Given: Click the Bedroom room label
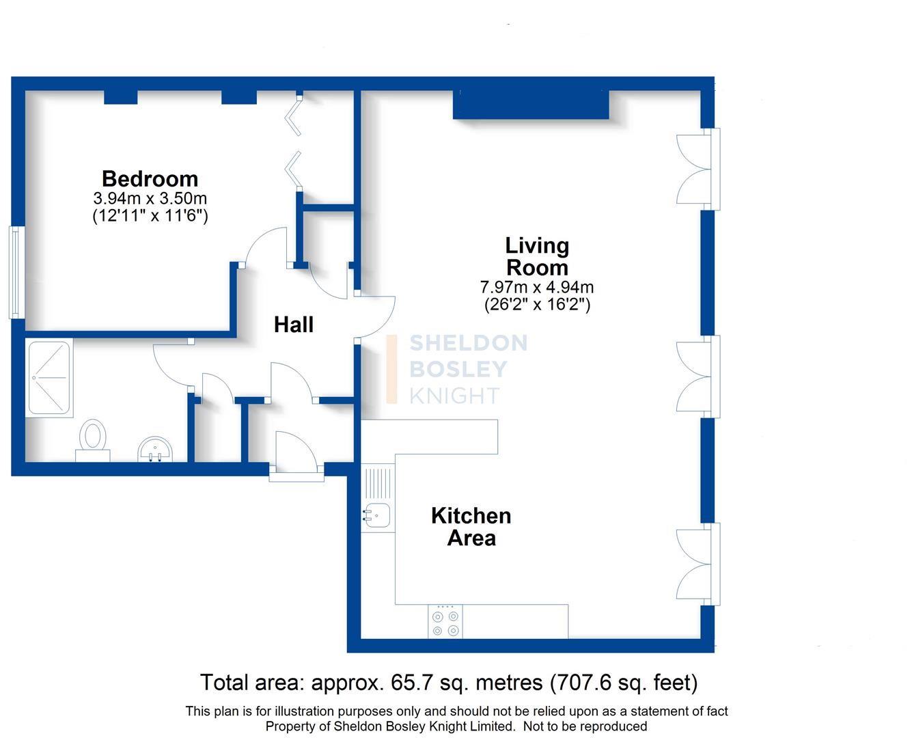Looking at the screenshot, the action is [150, 179].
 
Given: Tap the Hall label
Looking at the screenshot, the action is [294, 325].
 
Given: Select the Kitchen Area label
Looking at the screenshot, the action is [471, 527].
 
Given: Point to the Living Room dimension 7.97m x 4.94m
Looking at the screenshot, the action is [537, 286].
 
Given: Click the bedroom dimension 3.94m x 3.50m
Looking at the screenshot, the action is [150, 198].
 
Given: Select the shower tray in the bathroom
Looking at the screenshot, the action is [49, 378].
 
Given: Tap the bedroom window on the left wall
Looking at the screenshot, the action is [16, 273].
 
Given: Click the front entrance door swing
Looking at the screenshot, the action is [296, 454].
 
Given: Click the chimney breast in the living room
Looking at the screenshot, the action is [531, 105].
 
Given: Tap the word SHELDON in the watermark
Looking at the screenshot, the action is [469, 343].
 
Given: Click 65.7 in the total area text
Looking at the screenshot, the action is [406, 683].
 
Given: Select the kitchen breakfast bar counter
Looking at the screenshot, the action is [430, 437].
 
